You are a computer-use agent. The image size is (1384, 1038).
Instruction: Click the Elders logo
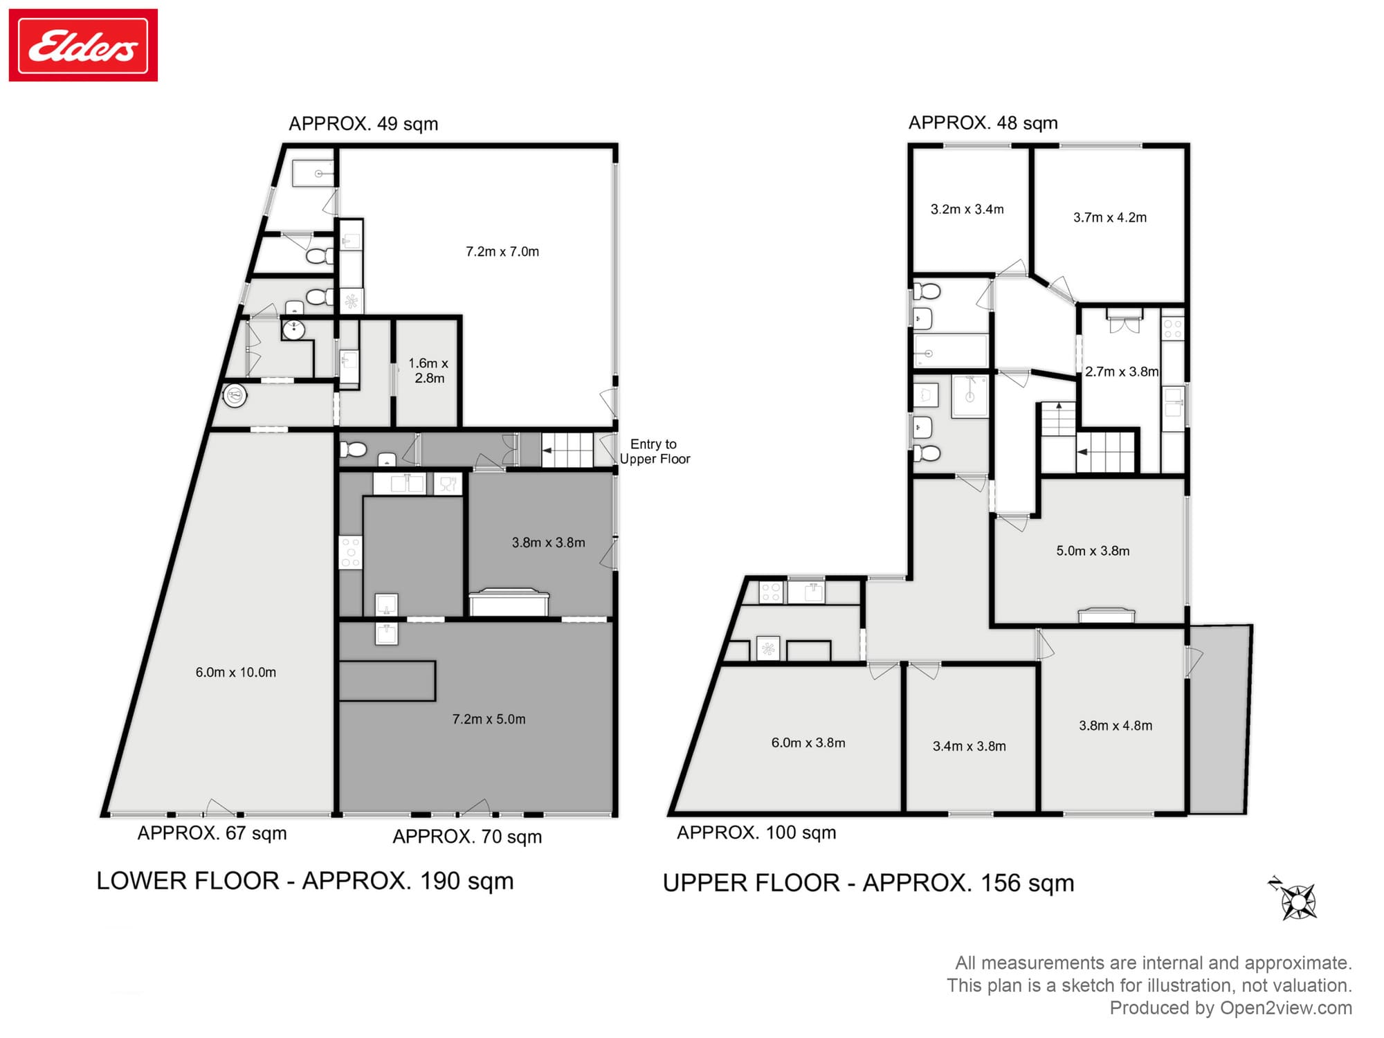click(x=83, y=45)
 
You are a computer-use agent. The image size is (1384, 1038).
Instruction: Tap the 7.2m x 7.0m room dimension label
click(x=502, y=252)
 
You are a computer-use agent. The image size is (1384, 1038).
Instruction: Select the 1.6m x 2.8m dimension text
click(x=429, y=371)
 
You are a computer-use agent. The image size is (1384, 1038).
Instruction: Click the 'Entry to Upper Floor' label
click(x=655, y=451)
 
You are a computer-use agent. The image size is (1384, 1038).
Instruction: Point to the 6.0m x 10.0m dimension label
click(x=236, y=673)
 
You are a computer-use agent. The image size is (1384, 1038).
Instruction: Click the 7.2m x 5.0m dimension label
click(x=489, y=720)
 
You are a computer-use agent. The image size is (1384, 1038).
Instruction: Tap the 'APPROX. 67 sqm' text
click(x=212, y=833)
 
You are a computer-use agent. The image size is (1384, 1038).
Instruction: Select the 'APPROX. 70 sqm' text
click(x=467, y=837)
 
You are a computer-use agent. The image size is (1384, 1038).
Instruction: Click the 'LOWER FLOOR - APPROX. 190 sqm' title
click(x=305, y=881)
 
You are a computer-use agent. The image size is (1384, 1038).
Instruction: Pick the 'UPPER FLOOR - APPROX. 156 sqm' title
click(x=868, y=883)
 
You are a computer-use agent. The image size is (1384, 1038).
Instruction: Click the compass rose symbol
click(x=1295, y=900)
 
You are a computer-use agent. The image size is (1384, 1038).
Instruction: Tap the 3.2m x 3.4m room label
click(x=967, y=210)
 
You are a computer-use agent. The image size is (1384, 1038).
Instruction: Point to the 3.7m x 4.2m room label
click(x=1110, y=218)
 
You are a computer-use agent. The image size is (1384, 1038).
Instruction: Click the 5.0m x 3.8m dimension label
click(x=1093, y=552)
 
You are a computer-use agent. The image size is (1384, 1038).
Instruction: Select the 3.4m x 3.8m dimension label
click(x=969, y=747)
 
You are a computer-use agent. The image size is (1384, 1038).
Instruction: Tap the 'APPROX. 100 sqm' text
click(x=756, y=832)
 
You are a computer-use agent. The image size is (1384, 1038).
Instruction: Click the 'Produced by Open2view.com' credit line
click(x=1231, y=1008)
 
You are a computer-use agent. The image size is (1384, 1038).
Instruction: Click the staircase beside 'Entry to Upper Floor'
click(x=567, y=450)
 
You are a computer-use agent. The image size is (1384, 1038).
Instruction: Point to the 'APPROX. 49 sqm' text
click(x=363, y=124)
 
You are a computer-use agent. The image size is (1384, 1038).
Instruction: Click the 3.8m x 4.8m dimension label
click(x=1116, y=726)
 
